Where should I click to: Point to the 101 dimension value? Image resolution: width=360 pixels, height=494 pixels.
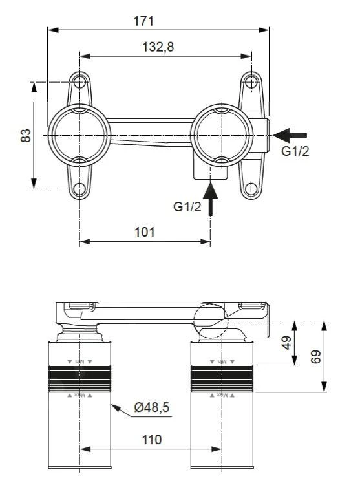pyautogui.click(x=144, y=232)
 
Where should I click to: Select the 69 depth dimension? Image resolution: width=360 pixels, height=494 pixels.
pyautogui.click(x=315, y=356)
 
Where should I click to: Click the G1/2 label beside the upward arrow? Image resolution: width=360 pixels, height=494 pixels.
pyautogui.click(x=187, y=206)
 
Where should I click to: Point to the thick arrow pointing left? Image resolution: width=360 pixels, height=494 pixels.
pyautogui.click(x=290, y=134)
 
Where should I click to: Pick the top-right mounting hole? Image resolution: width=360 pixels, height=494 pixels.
pyautogui.click(x=251, y=83)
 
